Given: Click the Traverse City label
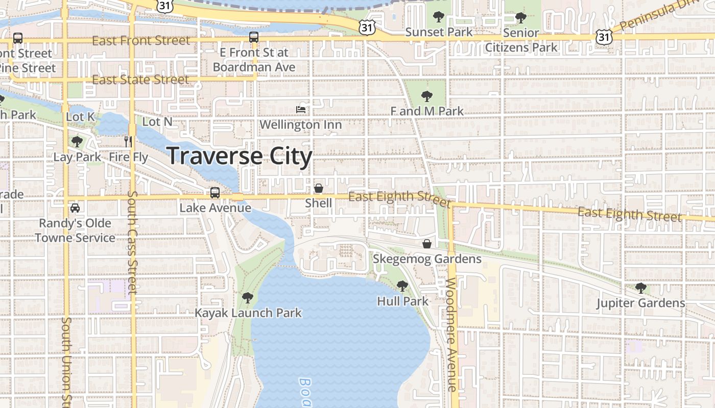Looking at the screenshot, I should click(239, 156).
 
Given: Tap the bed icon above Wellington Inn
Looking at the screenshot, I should click(301, 109).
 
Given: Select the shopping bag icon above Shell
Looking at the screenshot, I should click(319, 188).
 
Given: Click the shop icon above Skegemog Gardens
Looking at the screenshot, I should click(427, 244).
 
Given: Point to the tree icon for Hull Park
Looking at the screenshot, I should click(402, 286).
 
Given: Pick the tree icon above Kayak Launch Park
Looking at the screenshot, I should click(248, 297).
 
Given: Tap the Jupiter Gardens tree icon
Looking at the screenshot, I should click(641, 288).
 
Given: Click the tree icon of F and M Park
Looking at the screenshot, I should click(426, 96).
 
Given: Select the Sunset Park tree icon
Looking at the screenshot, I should click(439, 17).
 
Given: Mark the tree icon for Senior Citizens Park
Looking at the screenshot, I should click(520, 18).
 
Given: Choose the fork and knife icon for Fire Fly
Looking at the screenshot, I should click(128, 141).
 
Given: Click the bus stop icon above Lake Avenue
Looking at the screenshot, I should click(215, 193).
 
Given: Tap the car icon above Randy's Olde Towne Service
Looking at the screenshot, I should click(75, 208).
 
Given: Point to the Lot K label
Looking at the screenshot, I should click(80, 117).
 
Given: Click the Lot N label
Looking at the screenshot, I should click(157, 122).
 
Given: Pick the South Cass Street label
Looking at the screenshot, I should click(132, 242).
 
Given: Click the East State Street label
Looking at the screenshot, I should click(140, 80).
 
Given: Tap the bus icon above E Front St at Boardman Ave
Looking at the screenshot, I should click(254, 37).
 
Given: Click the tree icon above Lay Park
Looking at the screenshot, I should click(77, 141).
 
